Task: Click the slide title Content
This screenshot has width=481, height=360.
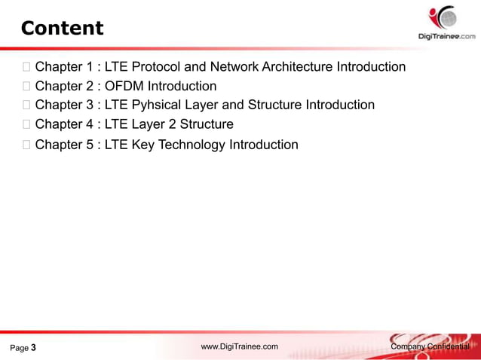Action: pos(62,29)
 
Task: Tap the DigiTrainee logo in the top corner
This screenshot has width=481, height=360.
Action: pos(446,23)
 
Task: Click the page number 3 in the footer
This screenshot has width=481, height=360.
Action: pos(33,348)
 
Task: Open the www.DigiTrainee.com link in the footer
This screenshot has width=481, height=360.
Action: pos(240,346)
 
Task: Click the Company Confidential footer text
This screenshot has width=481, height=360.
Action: pos(430,346)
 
